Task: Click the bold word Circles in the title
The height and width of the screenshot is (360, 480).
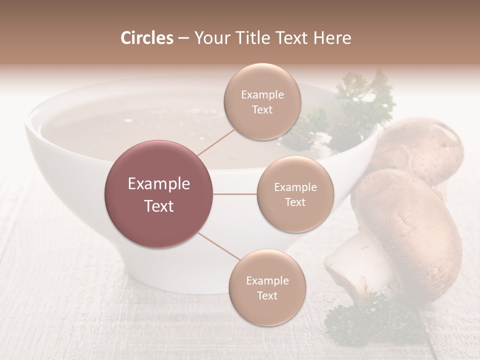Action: [147, 38]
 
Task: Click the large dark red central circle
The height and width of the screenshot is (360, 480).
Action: [159, 194]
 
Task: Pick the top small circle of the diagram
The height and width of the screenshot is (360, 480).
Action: [262, 102]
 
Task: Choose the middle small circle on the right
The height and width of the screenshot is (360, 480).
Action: [295, 194]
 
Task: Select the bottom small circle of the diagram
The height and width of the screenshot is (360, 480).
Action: [267, 288]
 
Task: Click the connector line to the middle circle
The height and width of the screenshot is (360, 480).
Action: [235, 194]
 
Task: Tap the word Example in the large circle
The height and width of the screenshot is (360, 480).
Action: [159, 184]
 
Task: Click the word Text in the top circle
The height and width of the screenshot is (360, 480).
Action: [262, 110]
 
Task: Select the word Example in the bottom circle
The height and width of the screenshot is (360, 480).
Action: [267, 280]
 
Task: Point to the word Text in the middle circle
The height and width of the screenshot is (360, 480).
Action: [295, 202]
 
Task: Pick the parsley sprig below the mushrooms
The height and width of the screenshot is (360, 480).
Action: [370, 320]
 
